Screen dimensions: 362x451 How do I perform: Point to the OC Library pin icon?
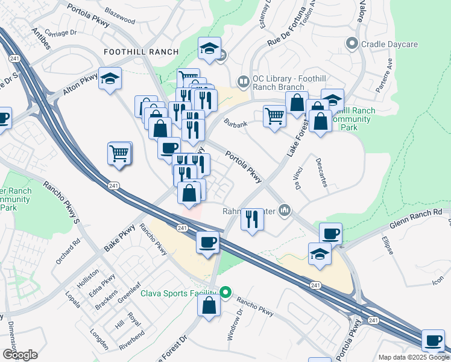point(243,80)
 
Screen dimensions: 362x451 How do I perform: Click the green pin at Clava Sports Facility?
point(225,294)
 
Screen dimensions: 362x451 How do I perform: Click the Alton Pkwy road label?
point(81,86)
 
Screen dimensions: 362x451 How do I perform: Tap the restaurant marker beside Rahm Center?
point(252,218)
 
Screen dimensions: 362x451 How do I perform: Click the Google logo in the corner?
point(20,355)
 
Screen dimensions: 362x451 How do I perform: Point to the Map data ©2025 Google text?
point(414,357)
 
